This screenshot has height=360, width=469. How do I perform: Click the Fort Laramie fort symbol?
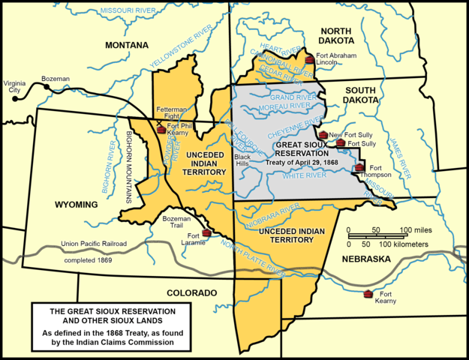coord(206,232)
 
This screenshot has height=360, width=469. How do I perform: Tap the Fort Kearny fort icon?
coord(367,293)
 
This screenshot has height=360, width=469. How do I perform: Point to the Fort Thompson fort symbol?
coord(360,168)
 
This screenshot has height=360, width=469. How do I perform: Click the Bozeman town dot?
coord(47,88)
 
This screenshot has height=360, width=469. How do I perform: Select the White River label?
coord(305,175)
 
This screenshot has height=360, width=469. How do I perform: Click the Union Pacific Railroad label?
coord(94,244)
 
